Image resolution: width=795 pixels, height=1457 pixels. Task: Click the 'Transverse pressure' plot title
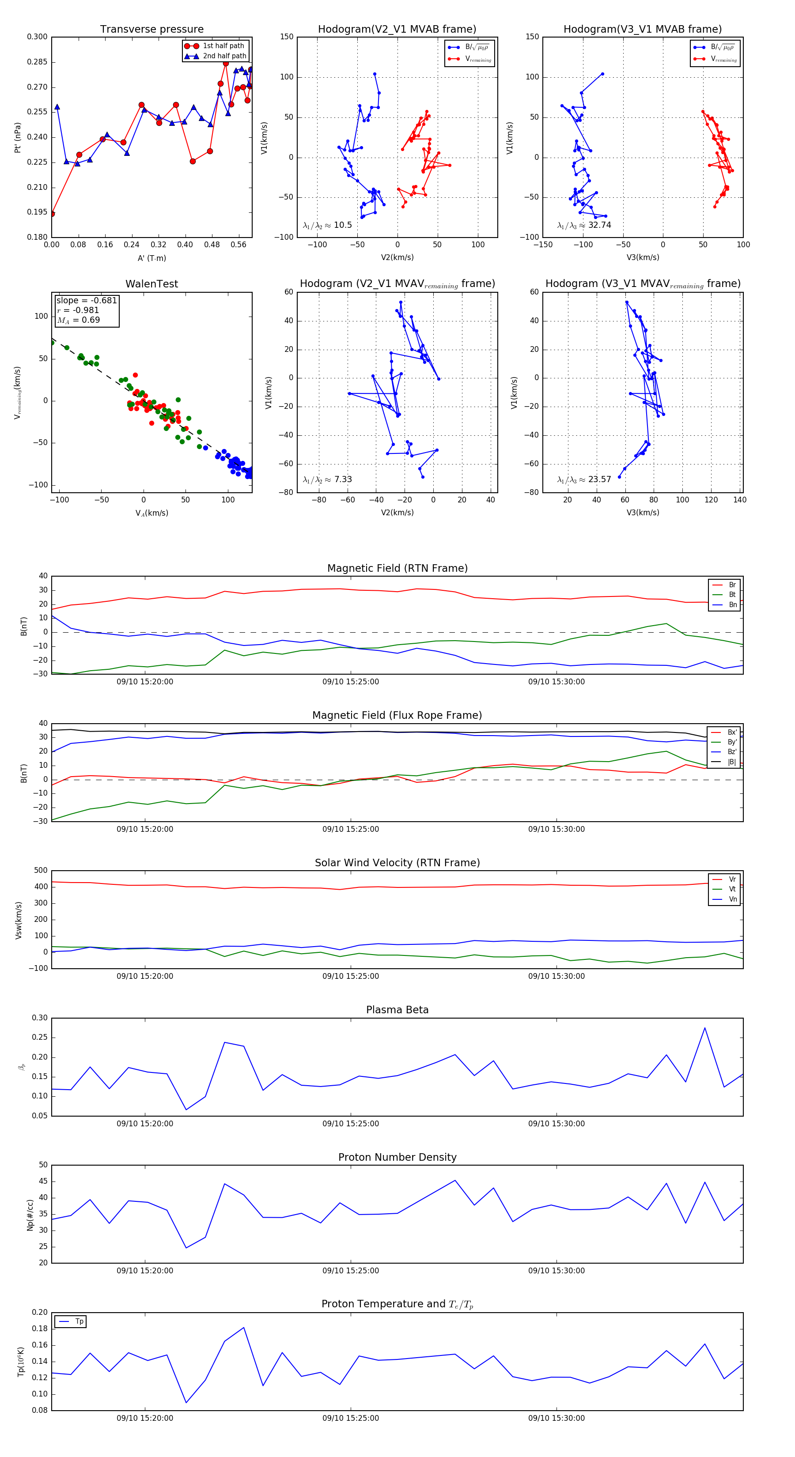tap(151, 30)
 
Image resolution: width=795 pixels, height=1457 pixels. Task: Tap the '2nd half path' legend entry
tap(224, 56)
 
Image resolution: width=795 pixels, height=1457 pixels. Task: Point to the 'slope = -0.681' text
tap(87, 300)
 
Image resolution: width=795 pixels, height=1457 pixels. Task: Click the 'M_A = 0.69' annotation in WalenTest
tap(79, 320)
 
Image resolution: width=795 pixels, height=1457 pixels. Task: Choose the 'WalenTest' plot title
tap(151, 284)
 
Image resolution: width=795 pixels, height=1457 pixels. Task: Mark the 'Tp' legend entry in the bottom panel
tap(79, 1322)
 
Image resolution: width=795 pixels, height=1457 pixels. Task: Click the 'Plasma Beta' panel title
tap(397, 1010)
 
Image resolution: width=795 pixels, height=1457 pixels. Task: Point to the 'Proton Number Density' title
tap(397, 1157)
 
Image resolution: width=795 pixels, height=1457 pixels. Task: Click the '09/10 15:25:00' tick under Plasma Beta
tap(350, 1124)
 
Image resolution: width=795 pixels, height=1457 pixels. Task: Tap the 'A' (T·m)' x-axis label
tap(151, 258)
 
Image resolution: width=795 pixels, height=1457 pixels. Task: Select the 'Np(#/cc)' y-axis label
tap(30, 1215)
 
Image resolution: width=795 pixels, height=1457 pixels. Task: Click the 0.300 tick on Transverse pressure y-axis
tap(38, 37)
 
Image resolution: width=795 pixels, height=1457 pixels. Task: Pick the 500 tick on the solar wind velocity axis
tap(41, 871)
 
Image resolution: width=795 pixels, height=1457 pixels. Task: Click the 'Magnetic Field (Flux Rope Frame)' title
tap(397, 716)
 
